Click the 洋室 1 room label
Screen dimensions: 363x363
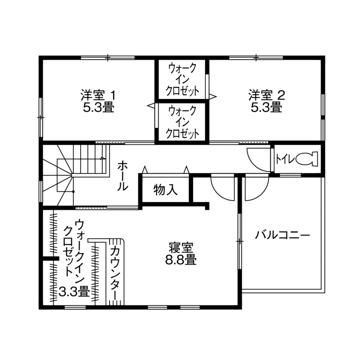coord(99,94)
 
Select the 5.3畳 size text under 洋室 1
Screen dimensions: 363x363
coord(99,107)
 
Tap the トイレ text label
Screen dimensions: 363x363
coord(285,159)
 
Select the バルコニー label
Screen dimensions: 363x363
coord(283,236)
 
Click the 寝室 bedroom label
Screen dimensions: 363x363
coord(181,248)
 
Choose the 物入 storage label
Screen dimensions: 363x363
coord(165,190)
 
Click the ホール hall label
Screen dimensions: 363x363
coord(122,175)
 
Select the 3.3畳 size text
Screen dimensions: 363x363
coord(74,292)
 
